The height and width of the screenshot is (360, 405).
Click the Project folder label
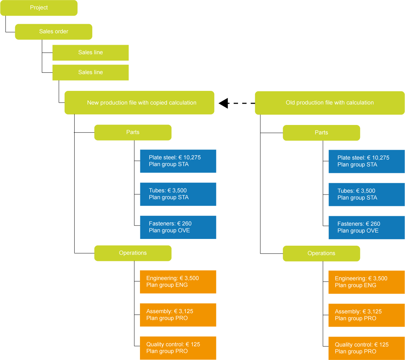pos(39,7)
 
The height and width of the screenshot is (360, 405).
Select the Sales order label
pos(54,31)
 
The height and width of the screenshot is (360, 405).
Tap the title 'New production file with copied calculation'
pos(141,103)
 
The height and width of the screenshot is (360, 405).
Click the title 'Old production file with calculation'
pos(329,103)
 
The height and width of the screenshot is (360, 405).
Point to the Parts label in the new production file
pos(133,132)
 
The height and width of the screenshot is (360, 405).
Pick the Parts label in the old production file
pos(321,132)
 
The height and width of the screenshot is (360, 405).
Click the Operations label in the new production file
pos(133,253)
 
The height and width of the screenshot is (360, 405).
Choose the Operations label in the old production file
pos(321,253)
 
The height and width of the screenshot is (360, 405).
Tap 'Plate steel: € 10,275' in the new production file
pos(174,157)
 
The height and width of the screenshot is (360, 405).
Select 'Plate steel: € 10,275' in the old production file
pos(363,158)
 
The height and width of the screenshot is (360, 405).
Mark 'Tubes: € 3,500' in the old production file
pos(356,191)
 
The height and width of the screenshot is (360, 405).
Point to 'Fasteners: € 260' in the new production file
pos(170,223)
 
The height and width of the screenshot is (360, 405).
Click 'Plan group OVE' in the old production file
pos(358,231)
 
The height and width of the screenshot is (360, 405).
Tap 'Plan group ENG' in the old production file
pos(355,285)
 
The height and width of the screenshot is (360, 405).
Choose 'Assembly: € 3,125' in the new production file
pos(169,311)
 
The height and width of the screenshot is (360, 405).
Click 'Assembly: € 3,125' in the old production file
pos(358,311)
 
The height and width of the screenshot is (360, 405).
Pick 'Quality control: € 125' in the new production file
pos(173,344)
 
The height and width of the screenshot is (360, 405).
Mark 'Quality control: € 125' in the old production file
pos(362,344)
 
